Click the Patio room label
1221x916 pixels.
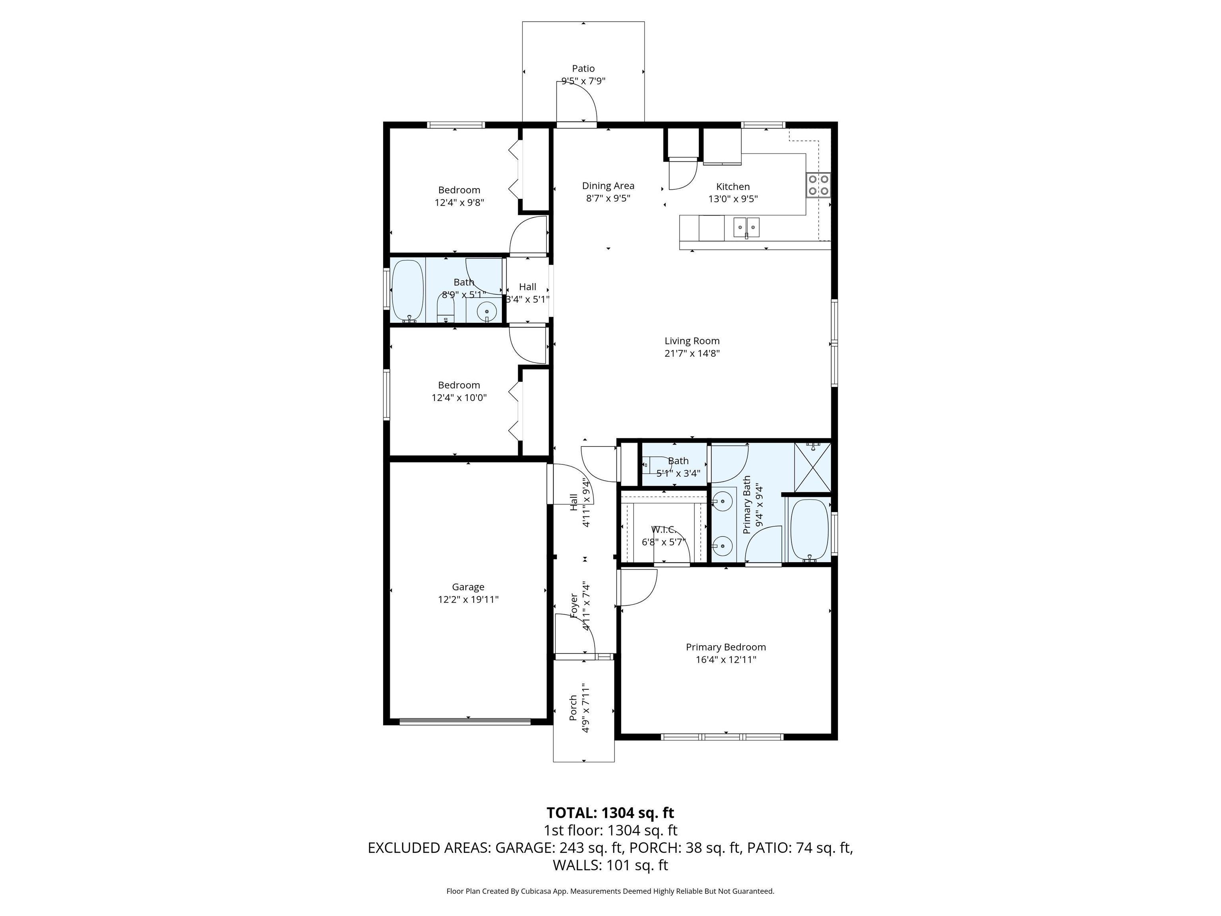[x=583, y=68]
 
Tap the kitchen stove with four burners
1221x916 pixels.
[x=818, y=185]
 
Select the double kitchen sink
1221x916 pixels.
[x=746, y=227]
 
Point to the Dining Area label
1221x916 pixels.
[x=608, y=186]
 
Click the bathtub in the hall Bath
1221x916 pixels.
[x=407, y=291]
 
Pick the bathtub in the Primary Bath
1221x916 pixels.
[x=809, y=530]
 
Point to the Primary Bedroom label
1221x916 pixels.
[x=725, y=647]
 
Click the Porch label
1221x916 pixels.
[x=574, y=708]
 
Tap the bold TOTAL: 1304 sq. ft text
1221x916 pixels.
[x=610, y=813]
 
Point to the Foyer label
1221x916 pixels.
[x=574, y=606]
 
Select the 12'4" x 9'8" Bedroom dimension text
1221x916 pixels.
[x=459, y=203]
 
